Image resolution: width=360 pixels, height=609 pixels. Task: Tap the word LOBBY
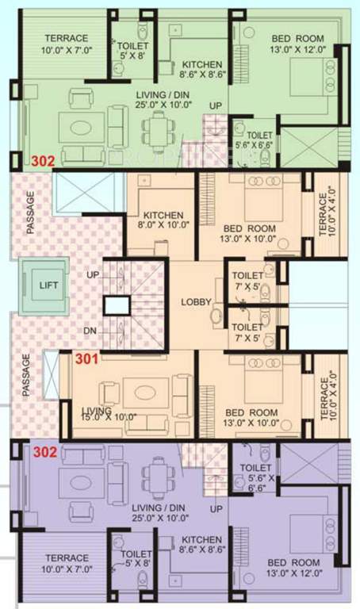coord(195,302)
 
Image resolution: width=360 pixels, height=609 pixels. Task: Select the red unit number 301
coord(87,359)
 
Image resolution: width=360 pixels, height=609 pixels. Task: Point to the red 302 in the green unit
coord(43,161)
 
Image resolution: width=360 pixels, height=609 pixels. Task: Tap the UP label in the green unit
coord(215,105)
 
